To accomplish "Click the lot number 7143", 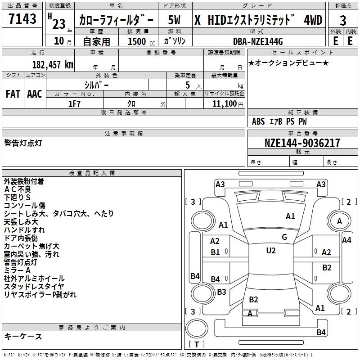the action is coord(22,19).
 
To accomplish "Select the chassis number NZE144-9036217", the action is coord(302,143).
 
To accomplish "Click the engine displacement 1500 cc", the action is coord(140,41).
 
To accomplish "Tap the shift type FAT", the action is coord(13,94).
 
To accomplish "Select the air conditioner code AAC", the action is coord(35,94).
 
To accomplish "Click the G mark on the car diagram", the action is coord(284,237).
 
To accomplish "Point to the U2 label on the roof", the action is coord(270,251).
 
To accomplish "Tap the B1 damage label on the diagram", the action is coord(215,252).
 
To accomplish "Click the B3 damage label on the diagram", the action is coord(221,292).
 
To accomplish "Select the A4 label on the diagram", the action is coord(346,240).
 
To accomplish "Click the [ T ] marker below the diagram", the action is coord(197,344).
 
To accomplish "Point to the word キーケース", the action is coord(23,336).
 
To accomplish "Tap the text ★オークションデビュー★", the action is coord(288,63).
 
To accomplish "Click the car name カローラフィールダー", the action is coord(116,20).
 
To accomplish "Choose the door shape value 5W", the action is coord(174,20).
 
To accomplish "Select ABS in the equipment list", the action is coord(258,121).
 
